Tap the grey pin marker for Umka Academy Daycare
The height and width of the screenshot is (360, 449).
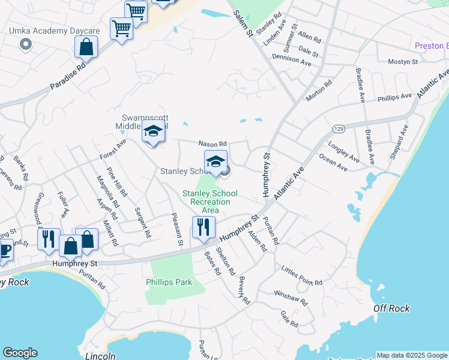click(x=25, y=44)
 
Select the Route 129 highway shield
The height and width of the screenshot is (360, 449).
click(x=338, y=129)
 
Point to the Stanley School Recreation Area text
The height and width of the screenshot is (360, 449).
click(x=209, y=202)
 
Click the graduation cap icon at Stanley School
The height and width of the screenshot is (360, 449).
click(x=216, y=161)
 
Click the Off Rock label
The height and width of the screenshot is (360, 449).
click(x=391, y=308)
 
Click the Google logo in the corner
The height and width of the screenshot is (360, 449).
click(x=20, y=353)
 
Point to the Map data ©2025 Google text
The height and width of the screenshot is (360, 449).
click(x=412, y=355)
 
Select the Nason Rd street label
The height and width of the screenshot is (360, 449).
click(x=213, y=144)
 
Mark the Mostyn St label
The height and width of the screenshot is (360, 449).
click(x=403, y=62)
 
